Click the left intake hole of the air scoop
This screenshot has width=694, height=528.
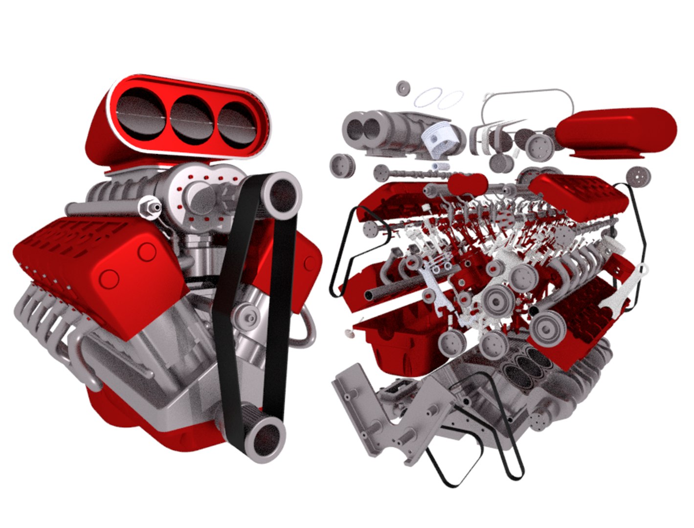click(143, 117)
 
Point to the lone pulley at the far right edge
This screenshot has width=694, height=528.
click(636, 176)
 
